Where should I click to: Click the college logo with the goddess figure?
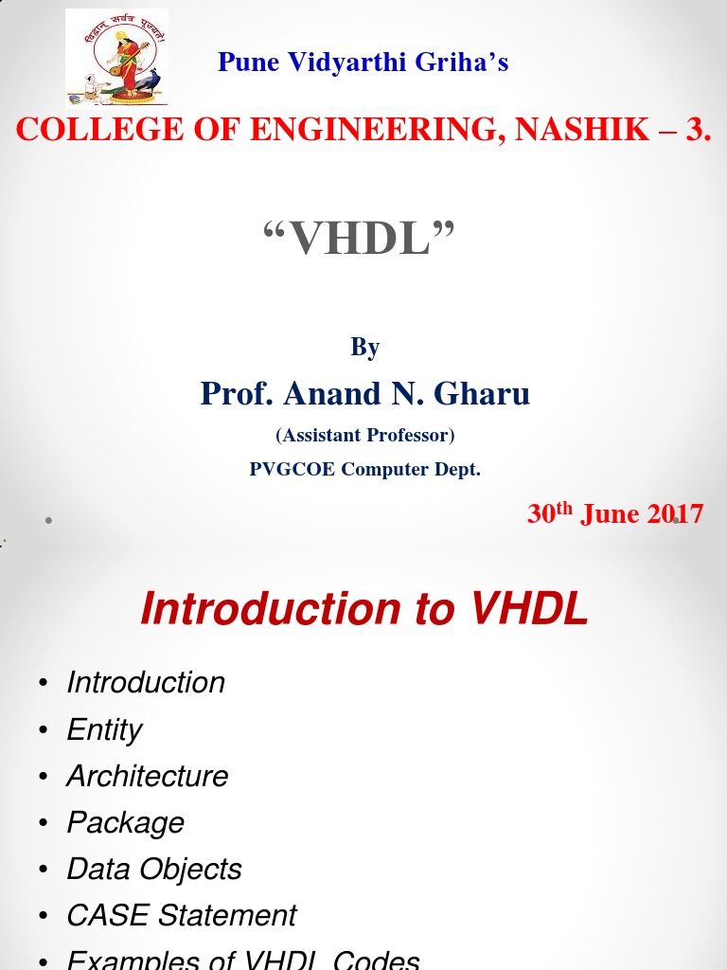tap(116, 57)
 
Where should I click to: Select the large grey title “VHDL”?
tap(359, 238)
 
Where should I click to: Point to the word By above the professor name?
tap(364, 348)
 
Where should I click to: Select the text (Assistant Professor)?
tap(364, 436)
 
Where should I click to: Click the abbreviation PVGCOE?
tap(293, 469)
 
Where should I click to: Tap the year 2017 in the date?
tap(675, 513)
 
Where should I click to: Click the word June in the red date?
tap(611, 513)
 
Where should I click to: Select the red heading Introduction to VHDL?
tap(364, 609)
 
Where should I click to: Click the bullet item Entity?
tap(104, 729)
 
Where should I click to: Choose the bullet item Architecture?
tap(148, 776)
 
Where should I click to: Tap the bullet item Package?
tap(125, 822)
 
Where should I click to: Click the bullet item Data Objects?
tap(154, 869)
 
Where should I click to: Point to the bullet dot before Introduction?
tap(43, 684)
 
